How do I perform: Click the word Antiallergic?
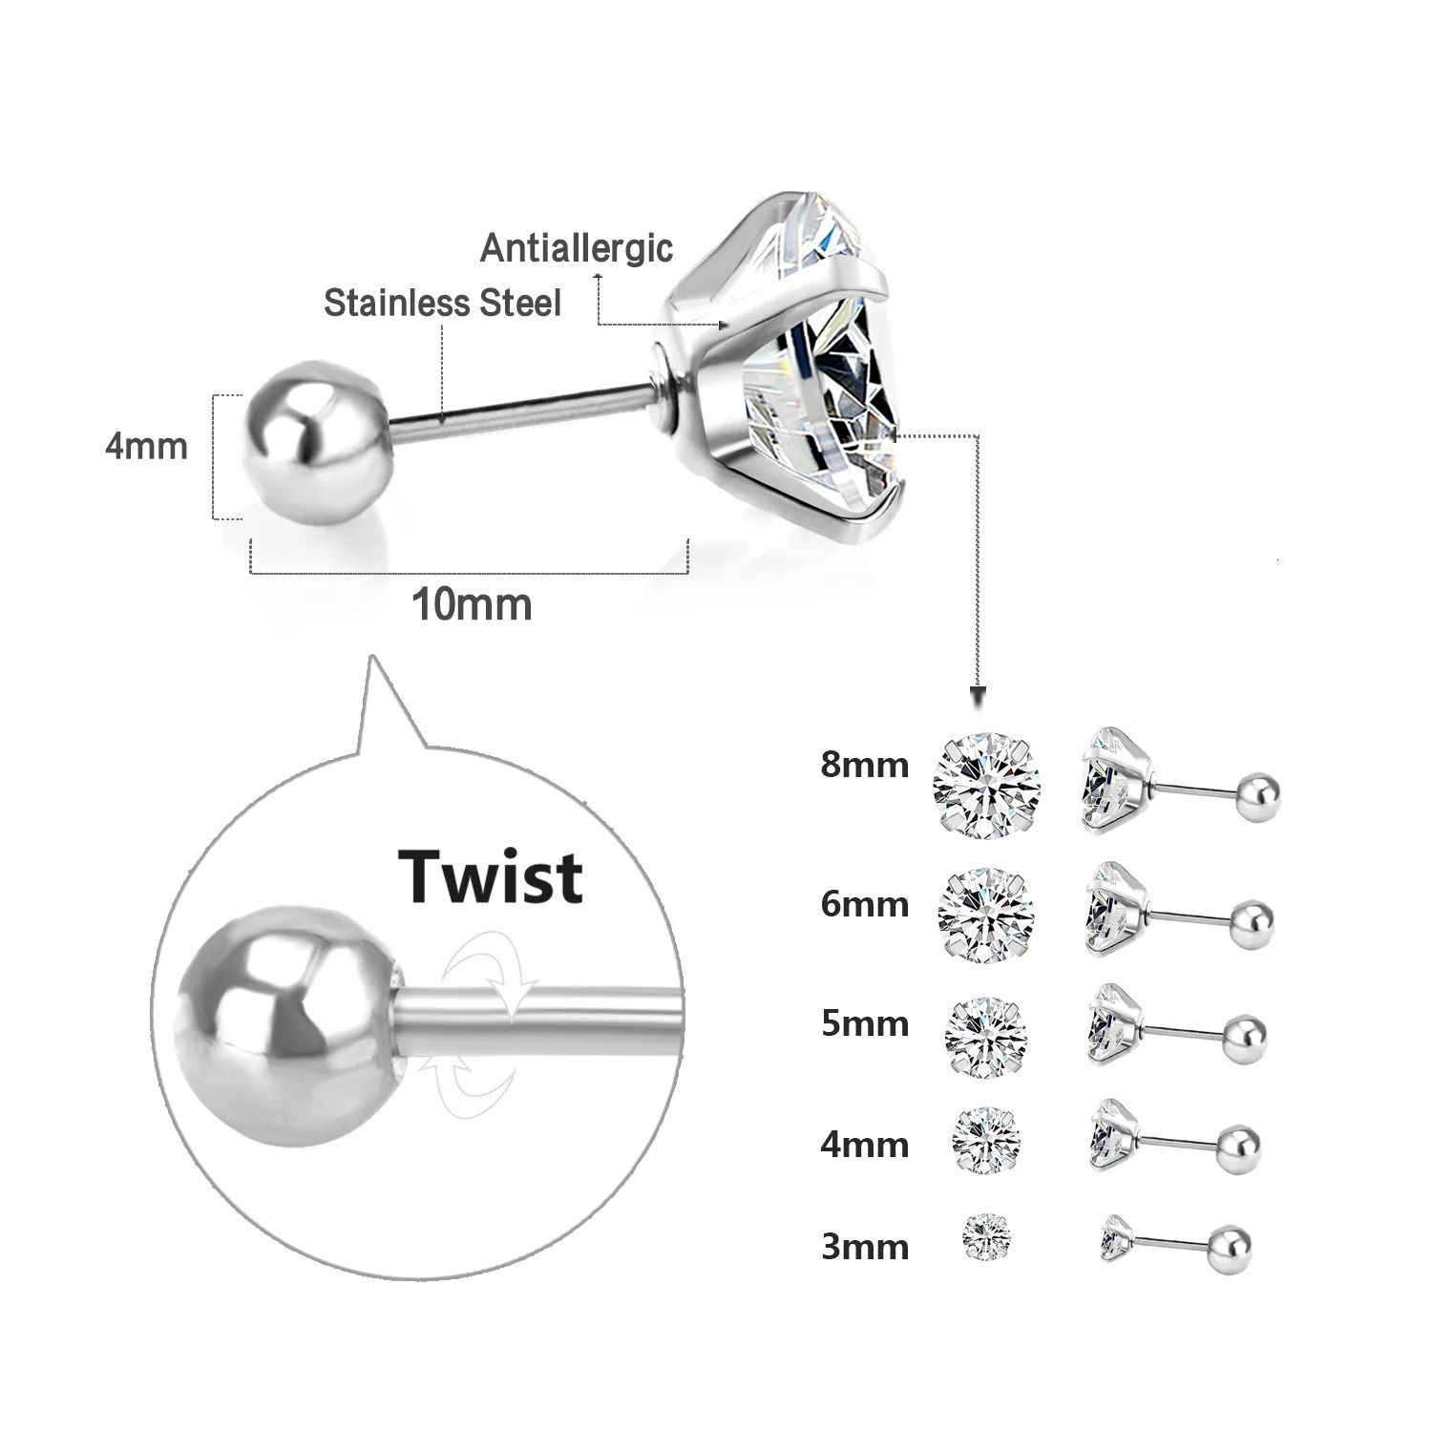click(577, 248)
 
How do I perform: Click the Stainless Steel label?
click(442, 304)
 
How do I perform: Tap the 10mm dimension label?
click(472, 605)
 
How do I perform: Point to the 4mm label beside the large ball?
click(147, 447)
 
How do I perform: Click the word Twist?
click(491, 876)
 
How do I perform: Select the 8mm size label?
click(864, 766)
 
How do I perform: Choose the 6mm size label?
click(864, 904)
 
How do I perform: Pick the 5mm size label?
click(864, 1023)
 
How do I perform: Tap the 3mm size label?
click(864, 1247)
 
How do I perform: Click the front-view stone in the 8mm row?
click(987, 786)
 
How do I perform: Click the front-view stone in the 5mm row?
click(985, 1038)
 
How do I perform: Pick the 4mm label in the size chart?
click(864, 1144)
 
